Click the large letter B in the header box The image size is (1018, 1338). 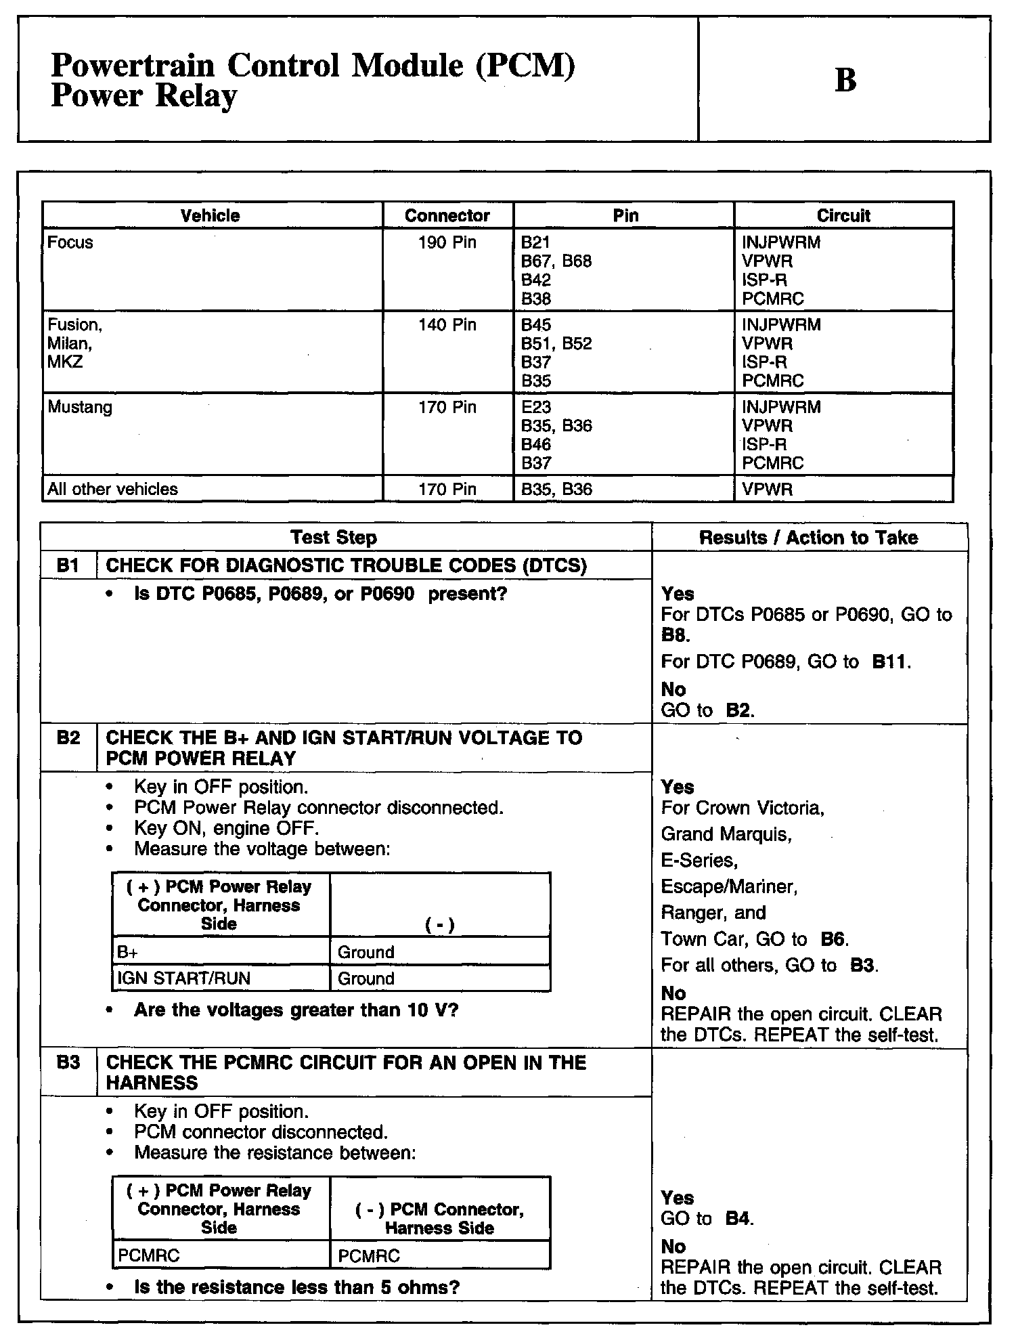coord(845,80)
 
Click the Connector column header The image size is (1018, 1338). coord(447,216)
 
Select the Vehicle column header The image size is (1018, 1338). coord(210,216)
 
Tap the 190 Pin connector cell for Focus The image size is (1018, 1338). coord(447,242)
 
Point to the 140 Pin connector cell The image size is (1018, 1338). coord(447,325)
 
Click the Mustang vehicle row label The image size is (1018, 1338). coord(80,408)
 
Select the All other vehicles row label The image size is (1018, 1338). coord(112,490)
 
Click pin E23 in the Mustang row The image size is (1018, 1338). coord(536,408)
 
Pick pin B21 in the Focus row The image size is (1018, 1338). coord(535,242)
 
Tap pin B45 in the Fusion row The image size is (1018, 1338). coord(536,325)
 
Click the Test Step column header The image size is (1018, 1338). coord(333,538)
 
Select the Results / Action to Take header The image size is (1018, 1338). coord(808,538)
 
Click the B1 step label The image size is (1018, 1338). coord(68,565)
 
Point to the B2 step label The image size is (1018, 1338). coord(68,738)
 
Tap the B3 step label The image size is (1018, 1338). coord(68,1062)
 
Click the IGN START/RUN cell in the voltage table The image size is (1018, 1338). coord(184,978)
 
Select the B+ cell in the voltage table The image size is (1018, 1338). coord(128,953)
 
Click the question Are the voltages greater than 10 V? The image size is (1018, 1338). coord(296,1010)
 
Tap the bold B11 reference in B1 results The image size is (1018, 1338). coord(890,662)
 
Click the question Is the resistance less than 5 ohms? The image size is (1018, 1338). coord(297,1287)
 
